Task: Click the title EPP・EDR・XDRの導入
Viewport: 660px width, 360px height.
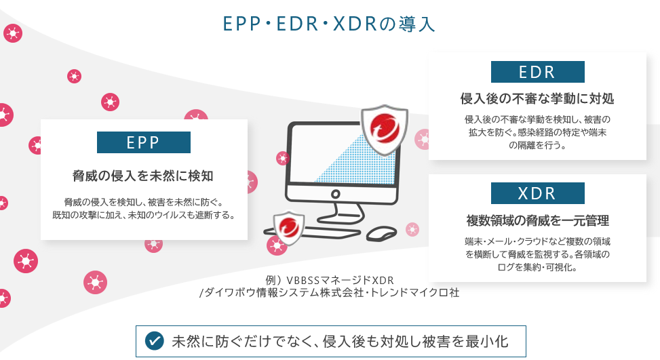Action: (329, 24)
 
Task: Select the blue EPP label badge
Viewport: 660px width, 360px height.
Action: (143, 142)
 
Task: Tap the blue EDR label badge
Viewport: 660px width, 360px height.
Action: (537, 72)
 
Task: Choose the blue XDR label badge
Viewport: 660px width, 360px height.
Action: (537, 194)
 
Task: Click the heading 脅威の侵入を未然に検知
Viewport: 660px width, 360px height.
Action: (143, 176)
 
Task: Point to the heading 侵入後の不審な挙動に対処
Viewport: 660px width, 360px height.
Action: (537, 99)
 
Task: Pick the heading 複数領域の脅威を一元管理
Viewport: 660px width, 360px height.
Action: (537, 221)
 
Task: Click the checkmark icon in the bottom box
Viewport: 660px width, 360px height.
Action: (155, 339)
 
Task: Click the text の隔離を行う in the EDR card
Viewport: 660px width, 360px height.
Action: (537, 145)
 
